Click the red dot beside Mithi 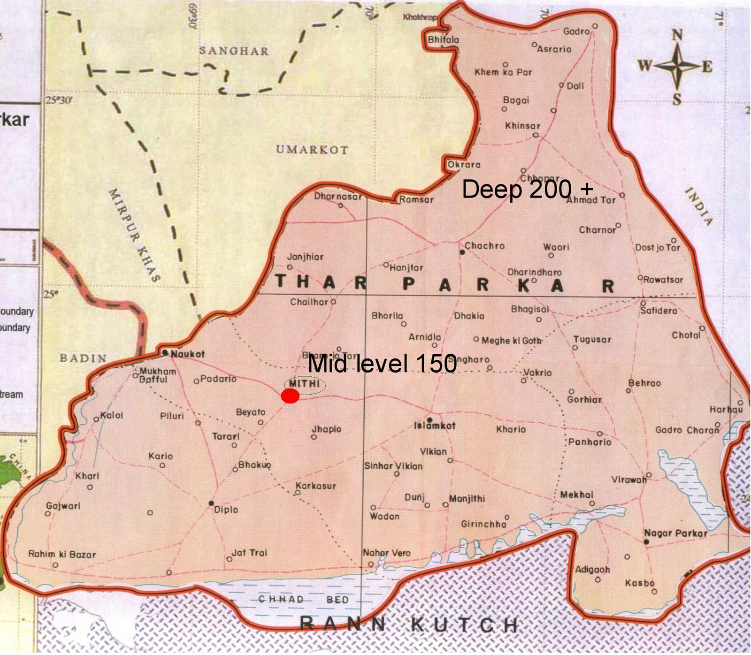click(x=290, y=396)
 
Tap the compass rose click(x=676, y=67)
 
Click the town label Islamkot click(x=435, y=426)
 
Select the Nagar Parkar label click(x=675, y=533)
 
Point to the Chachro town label click(x=484, y=245)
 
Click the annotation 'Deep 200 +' click(x=527, y=190)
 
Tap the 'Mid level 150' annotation click(x=382, y=364)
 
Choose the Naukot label click(x=187, y=354)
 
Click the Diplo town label click(x=226, y=510)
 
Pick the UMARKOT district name click(x=312, y=150)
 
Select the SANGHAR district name click(x=234, y=51)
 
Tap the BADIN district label click(x=83, y=358)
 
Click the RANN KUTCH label click(x=408, y=625)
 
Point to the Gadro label click(x=576, y=31)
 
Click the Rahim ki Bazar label click(x=62, y=554)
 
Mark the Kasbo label click(x=640, y=583)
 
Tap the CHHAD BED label click(x=303, y=600)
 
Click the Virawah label click(x=629, y=480)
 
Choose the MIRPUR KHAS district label click(x=135, y=235)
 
